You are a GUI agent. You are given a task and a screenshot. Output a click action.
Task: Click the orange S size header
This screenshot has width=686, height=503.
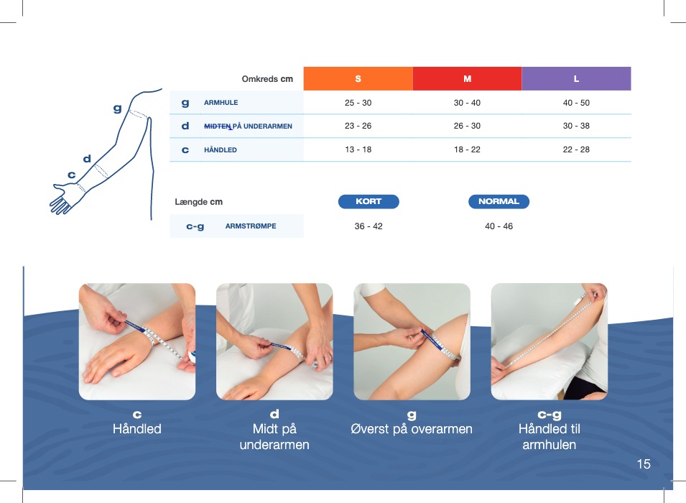pyautogui.click(x=358, y=79)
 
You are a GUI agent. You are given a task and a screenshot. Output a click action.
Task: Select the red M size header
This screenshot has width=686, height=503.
pyautogui.click(x=467, y=79)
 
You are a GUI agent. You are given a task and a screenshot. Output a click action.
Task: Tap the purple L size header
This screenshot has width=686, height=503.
pyautogui.click(x=576, y=79)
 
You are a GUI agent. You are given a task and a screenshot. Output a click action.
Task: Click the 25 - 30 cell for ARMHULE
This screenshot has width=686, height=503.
pyautogui.click(x=358, y=103)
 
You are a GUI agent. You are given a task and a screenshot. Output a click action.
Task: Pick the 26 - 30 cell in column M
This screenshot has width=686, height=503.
pyautogui.click(x=467, y=126)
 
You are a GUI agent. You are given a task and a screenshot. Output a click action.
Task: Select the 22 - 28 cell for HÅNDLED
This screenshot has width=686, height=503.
pyautogui.click(x=576, y=149)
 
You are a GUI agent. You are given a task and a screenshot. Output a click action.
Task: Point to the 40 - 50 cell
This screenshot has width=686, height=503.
pyautogui.click(x=576, y=103)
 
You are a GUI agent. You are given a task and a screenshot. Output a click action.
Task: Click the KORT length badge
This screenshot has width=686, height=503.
pyautogui.click(x=369, y=201)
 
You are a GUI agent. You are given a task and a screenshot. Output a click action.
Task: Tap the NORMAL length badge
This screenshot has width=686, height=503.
pyautogui.click(x=499, y=201)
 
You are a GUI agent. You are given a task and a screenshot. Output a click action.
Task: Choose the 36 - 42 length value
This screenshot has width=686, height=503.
pyautogui.click(x=369, y=226)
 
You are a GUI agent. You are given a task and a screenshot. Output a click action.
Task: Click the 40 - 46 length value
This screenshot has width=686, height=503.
pyautogui.click(x=499, y=226)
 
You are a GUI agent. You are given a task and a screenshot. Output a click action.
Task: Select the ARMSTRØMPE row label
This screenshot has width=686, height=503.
pyautogui.click(x=251, y=226)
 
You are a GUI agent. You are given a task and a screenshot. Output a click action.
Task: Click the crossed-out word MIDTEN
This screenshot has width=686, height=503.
pyautogui.click(x=218, y=126)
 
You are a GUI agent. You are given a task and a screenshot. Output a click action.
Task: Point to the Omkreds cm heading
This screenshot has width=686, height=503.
pyautogui.click(x=267, y=79)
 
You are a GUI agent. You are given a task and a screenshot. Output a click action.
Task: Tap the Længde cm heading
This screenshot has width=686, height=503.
pyautogui.click(x=199, y=202)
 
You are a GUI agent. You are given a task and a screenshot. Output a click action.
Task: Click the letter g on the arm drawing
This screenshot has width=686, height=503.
pyautogui.click(x=117, y=108)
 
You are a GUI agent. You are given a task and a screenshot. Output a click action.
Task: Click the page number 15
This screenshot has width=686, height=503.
pyautogui.click(x=644, y=464)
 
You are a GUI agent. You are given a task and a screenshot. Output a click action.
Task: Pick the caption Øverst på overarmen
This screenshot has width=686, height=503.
pyautogui.click(x=412, y=429)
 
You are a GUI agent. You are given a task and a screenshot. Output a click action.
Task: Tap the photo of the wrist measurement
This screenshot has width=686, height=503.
pyautogui.click(x=137, y=341)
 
